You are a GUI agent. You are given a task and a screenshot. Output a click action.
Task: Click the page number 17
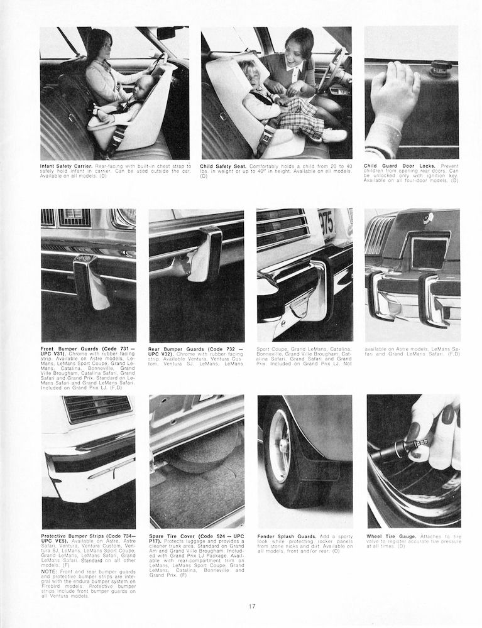(251, 606)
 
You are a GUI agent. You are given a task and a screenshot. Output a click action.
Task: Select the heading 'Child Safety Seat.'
(220, 166)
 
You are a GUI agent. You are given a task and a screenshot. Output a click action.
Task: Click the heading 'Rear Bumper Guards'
(176, 349)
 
